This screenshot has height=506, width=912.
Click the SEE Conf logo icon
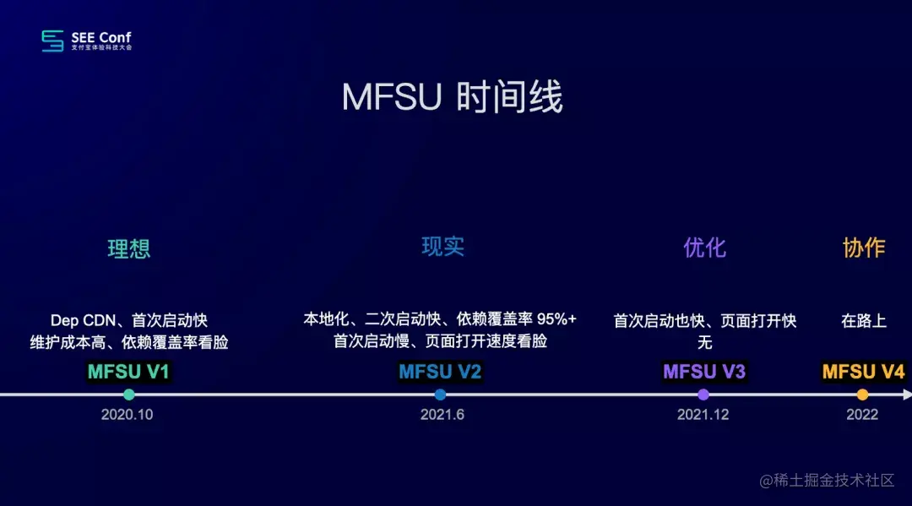[x=52, y=41]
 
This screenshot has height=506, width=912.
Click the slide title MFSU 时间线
[x=452, y=98]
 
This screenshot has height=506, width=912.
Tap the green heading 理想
[x=129, y=248]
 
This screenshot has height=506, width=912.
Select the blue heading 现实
[x=443, y=246]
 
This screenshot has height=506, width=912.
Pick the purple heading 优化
[x=704, y=247]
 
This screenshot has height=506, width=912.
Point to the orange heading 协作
[x=864, y=247]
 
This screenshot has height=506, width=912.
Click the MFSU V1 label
[x=128, y=372]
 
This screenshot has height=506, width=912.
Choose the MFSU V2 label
[x=440, y=372]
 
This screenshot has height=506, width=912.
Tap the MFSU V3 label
[x=704, y=372]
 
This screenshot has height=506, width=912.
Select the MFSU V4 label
[x=863, y=372]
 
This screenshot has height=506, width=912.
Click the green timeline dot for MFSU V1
[x=128, y=394]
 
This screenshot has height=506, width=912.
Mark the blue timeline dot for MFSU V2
[x=440, y=394]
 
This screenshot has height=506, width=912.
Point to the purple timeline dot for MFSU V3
[x=703, y=394]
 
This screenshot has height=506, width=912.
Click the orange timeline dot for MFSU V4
[x=862, y=394]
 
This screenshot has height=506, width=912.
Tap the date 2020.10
[x=127, y=415]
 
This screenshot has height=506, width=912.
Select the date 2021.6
[x=442, y=415]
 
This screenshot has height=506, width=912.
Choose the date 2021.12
[x=703, y=415]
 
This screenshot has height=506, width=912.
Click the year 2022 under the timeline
[x=862, y=415]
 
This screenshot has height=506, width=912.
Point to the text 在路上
[x=864, y=321]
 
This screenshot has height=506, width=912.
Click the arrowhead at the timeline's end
[x=908, y=394]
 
